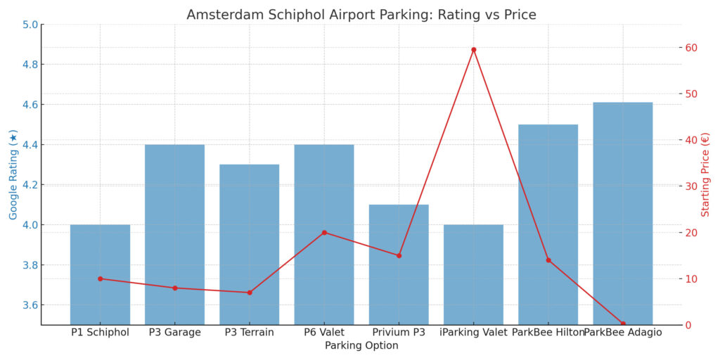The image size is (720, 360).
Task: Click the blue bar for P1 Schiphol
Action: pos(100,274)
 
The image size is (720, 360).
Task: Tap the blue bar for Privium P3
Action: pos(399,264)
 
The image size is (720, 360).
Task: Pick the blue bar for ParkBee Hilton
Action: pos(548,224)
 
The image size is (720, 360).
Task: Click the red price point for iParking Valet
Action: pos(473,50)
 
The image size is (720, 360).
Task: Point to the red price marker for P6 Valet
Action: pos(324,233)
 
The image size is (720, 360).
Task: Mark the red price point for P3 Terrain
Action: pos(250,292)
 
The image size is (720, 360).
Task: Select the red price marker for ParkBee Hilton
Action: pos(548,260)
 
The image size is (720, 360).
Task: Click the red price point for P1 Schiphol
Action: pos(100,279)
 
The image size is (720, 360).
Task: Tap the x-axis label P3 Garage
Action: pos(174,333)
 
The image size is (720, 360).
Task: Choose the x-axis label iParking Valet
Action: pos(473,333)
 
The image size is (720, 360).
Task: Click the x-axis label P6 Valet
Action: pos(324,333)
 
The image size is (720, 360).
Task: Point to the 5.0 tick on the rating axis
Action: pos(30,25)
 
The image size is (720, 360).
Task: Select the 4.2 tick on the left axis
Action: pos(30,185)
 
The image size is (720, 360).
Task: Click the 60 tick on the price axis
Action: pos(692,48)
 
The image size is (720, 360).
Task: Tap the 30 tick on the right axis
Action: pos(692,186)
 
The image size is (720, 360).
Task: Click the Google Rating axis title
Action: pos(13,174)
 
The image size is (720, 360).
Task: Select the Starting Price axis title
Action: pos(707,174)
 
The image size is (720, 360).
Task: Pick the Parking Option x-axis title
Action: pos(361,346)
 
